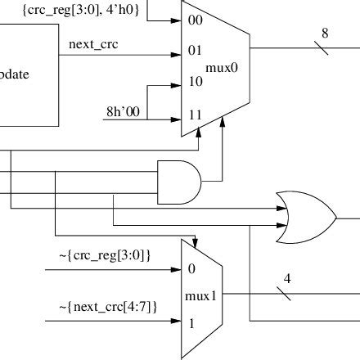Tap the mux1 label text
coord(201,296)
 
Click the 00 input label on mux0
coord(195,19)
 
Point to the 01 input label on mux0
coord(195,51)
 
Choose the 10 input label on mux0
coord(195,83)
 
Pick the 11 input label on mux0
coord(195,115)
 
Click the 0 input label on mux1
coord(191,268)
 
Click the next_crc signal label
coord(88,43)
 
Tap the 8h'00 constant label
coord(124,110)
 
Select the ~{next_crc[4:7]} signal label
coord(108,306)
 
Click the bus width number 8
coord(324,34)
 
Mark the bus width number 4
coord(287,279)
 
